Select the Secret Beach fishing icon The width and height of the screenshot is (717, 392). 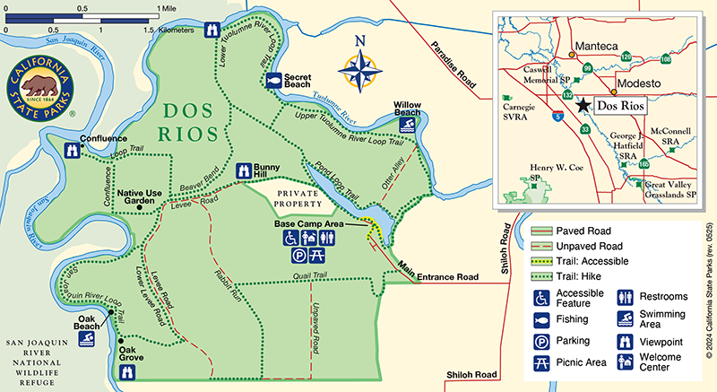coord(272,81)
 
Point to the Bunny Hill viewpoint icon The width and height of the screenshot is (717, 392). coord(243,170)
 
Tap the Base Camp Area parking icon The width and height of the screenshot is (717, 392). coord(297,255)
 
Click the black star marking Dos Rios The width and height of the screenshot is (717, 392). coord(583,105)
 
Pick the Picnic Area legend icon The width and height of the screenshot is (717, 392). coord(541,362)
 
